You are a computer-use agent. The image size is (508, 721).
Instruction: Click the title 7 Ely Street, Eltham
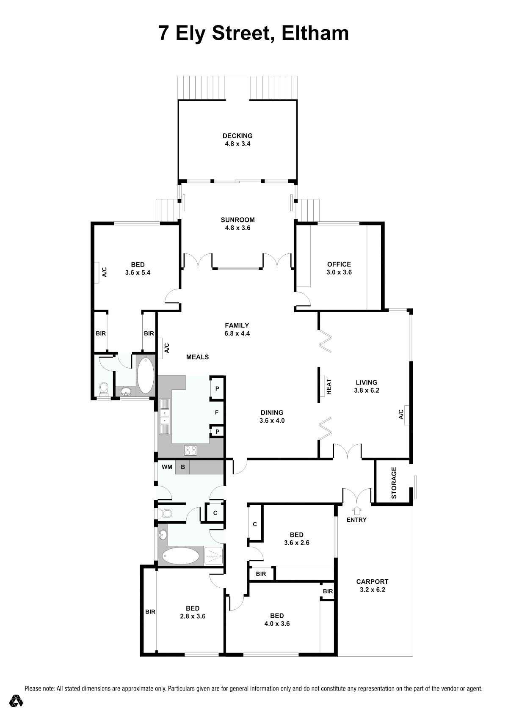pyautogui.click(x=254, y=34)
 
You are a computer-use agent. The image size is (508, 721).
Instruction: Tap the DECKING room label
pyautogui.click(x=237, y=136)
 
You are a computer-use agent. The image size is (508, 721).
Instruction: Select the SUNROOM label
pyautogui.click(x=238, y=220)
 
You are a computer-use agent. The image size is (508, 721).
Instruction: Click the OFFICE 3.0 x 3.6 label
pyautogui.click(x=339, y=268)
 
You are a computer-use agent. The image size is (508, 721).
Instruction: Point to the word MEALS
pyautogui.click(x=197, y=357)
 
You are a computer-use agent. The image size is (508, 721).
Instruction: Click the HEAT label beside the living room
pyautogui.click(x=329, y=387)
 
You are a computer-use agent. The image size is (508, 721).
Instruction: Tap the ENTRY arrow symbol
pyautogui.click(x=357, y=510)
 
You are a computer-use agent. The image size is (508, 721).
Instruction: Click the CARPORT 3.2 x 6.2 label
pyautogui.click(x=372, y=586)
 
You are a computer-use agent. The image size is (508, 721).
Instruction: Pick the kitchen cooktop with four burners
pyautogui.click(x=190, y=450)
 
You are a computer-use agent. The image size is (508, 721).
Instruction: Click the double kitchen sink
pyautogui.click(x=165, y=416)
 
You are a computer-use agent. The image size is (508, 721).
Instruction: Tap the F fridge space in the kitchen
pyautogui.click(x=216, y=412)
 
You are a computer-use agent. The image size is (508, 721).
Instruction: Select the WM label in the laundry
pyautogui.click(x=167, y=467)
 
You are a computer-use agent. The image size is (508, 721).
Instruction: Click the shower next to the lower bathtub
pyautogui.click(x=214, y=556)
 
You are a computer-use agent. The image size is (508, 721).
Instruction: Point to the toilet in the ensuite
pyautogui.click(x=103, y=389)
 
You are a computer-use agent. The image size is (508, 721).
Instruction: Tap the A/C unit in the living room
pyautogui.click(x=407, y=415)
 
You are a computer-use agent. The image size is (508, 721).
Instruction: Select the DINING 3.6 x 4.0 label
pyautogui.click(x=272, y=416)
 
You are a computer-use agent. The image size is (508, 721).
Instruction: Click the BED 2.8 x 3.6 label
pyautogui.click(x=193, y=612)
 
